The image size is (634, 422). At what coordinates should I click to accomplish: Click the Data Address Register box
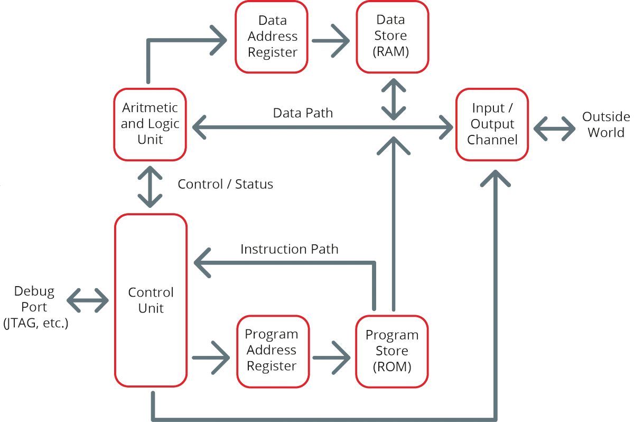pyautogui.click(x=272, y=36)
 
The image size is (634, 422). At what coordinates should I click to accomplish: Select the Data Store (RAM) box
pyautogui.click(x=391, y=36)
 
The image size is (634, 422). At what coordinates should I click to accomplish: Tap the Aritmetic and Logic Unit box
pyautogui.click(x=150, y=124)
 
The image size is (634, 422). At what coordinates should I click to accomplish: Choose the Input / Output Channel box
pyautogui.click(x=491, y=124)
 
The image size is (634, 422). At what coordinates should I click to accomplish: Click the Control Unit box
pyautogui.click(x=151, y=300)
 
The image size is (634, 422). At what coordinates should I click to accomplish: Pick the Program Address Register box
pyautogui.click(x=272, y=350)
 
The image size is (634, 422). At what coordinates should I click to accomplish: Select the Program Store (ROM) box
pyautogui.click(x=391, y=351)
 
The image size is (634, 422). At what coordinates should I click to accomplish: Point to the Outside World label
pyautogui.click(x=606, y=125)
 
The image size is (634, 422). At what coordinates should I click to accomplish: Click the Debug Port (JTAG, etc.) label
pyautogui.click(x=35, y=307)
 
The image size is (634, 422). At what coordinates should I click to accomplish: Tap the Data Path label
pyautogui.click(x=303, y=113)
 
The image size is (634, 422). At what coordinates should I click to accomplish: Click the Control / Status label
pyautogui.click(x=225, y=184)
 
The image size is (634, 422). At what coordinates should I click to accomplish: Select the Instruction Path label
pyautogui.click(x=289, y=249)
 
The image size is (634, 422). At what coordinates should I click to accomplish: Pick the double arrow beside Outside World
pyautogui.click(x=554, y=127)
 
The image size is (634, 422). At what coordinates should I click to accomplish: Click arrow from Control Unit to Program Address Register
pyautogui.click(x=211, y=359)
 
